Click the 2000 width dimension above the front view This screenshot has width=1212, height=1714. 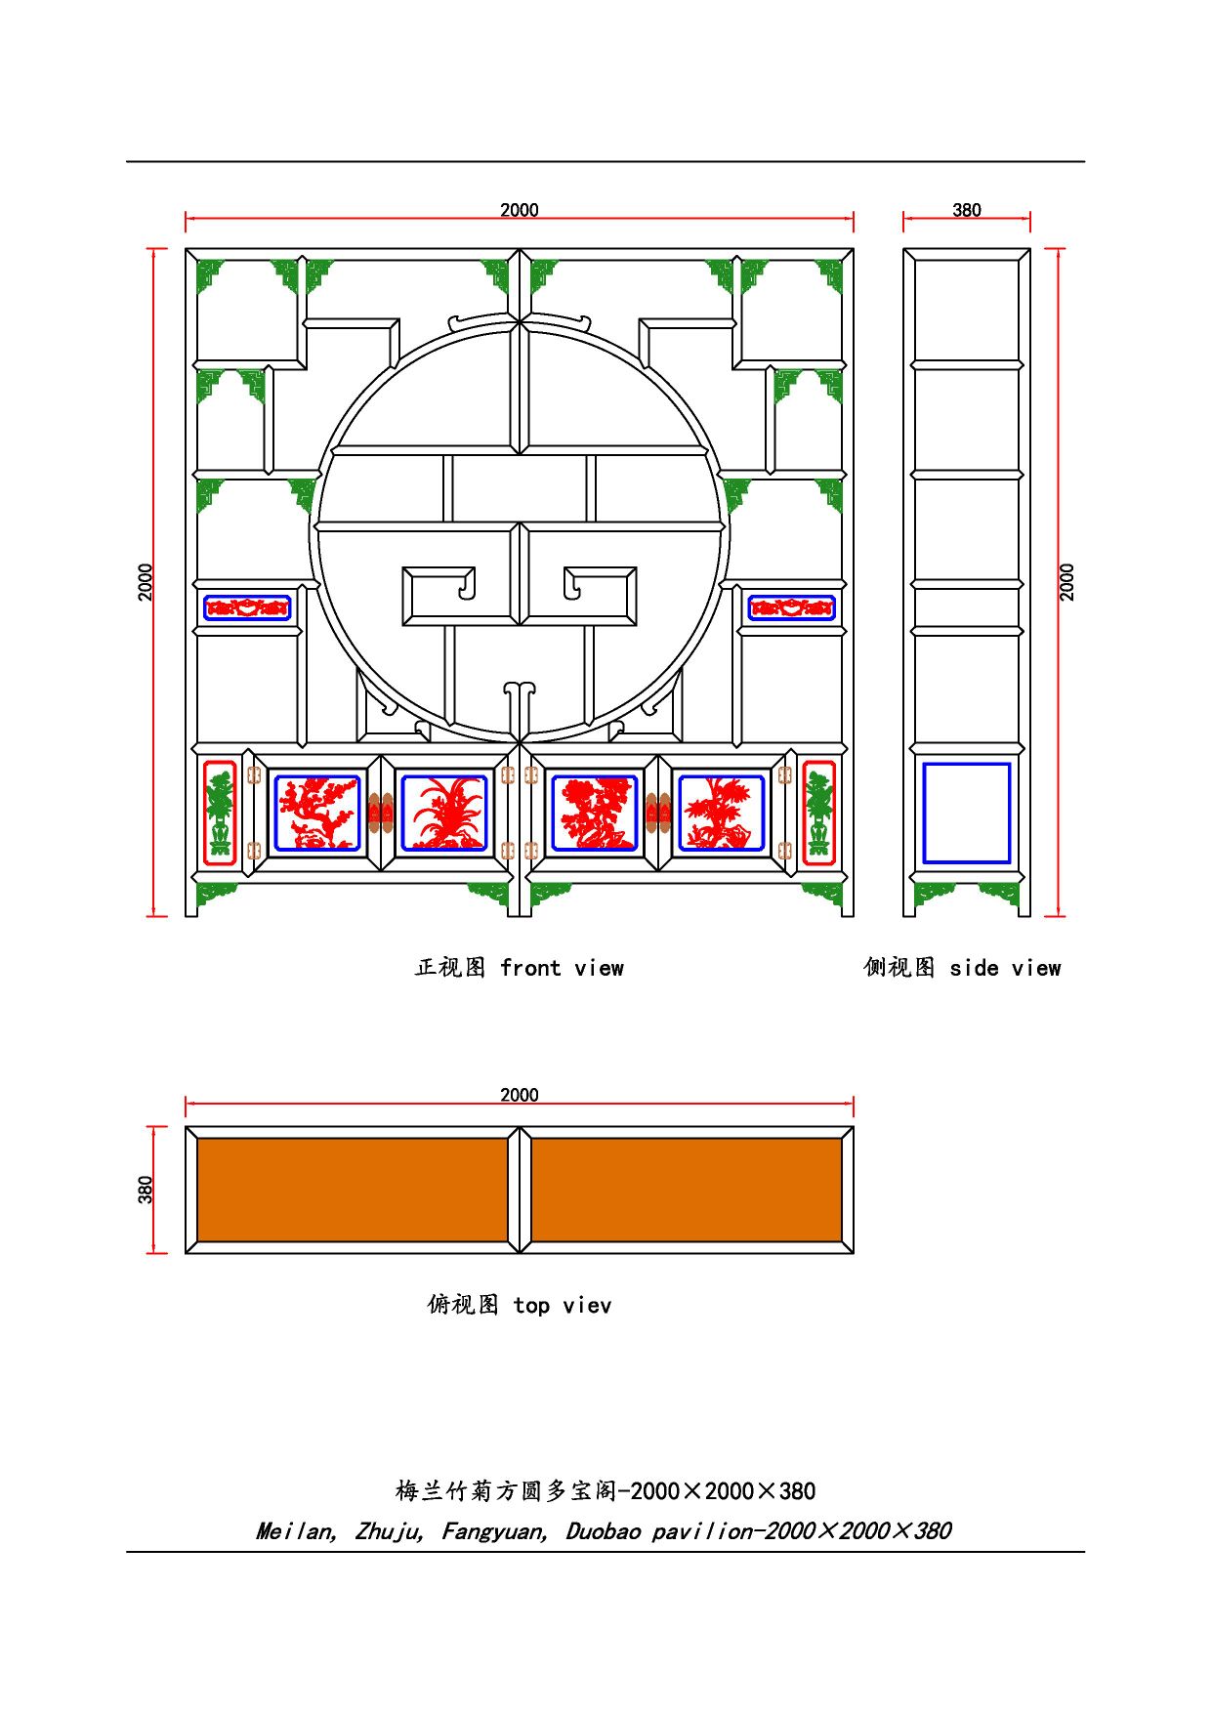pyautogui.click(x=520, y=210)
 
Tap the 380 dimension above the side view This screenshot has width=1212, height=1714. pyautogui.click(x=967, y=210)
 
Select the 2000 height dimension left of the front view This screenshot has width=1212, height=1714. pyautogui.click(x=146, y=582)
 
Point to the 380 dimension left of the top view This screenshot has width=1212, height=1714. pyautogui.click(x=146, y=1190)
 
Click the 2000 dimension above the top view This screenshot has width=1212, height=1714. pyautogui.click(x=520, y=1095)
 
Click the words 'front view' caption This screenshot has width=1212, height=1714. pyautogui.click(x=562, y=968)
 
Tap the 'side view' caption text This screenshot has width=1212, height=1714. pyautogui.click(x=1005, y=968)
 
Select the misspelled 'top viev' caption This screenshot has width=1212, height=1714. pyautogui.click(x=562, y=1306)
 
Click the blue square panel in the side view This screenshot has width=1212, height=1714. pyautogui.click(x=967, y=814)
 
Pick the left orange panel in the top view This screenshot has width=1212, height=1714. pyautogui.click(x=353, y=1190)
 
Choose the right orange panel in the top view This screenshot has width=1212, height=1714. pyautogui.click(x=687, y=1190)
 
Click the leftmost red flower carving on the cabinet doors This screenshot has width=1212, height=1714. pyautogui.click(x=317, y=813)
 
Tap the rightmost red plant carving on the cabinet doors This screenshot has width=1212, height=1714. pyautogui.click(x=722, y=813)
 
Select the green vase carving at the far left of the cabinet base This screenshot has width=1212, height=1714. pyautogui.click(x=221, y=814)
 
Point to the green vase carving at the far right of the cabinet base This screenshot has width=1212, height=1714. pyautogui.click(x=818, y=814)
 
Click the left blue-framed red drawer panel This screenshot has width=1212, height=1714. pyautogui.click(x=247, y=607)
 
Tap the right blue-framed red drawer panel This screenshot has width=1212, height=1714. pyautogui.click(x=792, y=607)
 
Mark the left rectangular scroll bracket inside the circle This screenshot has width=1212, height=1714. pyautogui.click(x=460, y=596)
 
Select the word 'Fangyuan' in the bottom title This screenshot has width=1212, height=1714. pyautogui.click(x=494, y=1531)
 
